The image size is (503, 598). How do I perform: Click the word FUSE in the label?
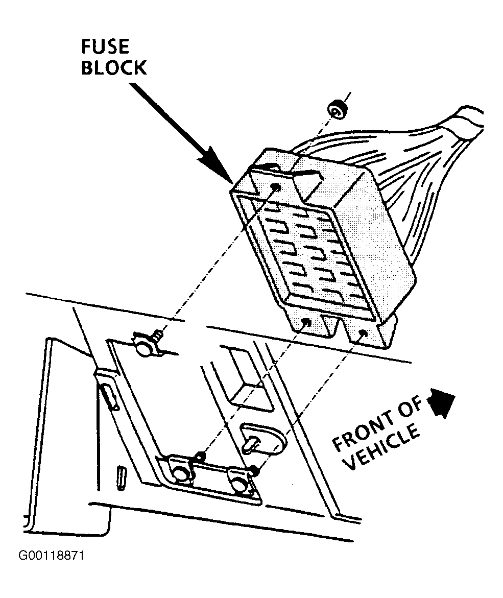[105, 47]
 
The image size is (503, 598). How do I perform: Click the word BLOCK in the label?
[114, 68]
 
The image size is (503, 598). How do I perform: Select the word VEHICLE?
[381, 448]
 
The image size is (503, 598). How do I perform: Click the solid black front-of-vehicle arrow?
[442, 403]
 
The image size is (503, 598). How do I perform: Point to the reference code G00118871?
[51, 556]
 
